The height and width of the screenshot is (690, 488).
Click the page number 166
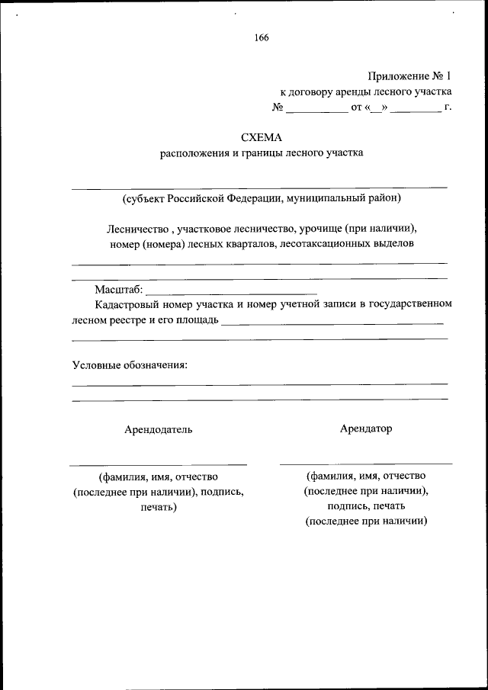click(262, 37)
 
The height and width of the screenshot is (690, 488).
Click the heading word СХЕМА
click(262, 138)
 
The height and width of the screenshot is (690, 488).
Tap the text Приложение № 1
click(409, 76)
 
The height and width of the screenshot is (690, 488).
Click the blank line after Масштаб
click(230, 293)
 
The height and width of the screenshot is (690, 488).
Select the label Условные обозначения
click(130, 364)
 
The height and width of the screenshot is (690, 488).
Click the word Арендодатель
click(159, 429)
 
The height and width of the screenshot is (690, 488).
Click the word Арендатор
click(366, 428)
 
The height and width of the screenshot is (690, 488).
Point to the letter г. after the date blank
click(448, 108)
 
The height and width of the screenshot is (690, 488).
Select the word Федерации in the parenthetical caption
click(256, 199)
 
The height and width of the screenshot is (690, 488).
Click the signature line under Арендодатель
click(158, 464)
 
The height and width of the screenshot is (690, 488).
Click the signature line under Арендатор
click(366, 463)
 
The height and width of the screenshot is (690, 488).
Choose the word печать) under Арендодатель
click(159, 507)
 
